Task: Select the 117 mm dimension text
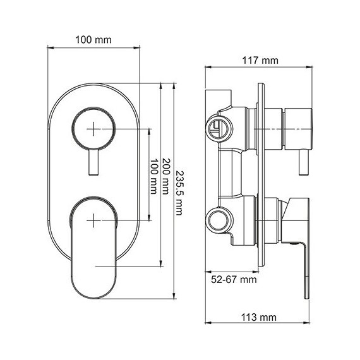[260, 61]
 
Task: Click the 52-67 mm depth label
[234, 279]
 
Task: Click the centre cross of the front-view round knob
[93, 128]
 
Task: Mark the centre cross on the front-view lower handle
[93, 220]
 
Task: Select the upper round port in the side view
[219, 127]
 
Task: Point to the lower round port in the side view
[219, 220]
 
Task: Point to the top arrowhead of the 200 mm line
[164, 85]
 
